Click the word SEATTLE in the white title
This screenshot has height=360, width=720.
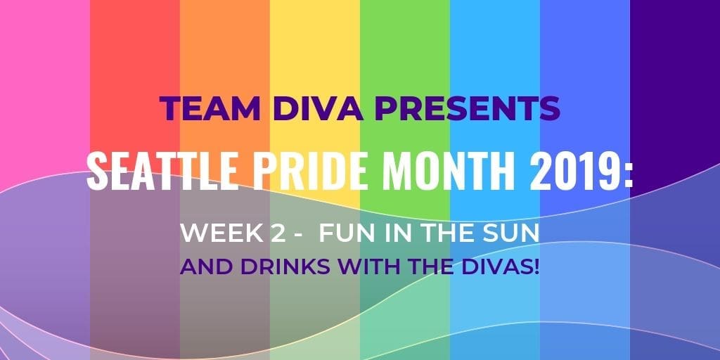pyautogui.click(x=162, y=172)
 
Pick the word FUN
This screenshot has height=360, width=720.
pyautogui.click(x=345, y=233)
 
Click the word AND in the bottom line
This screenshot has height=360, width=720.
pyautogui.click(x=206, y=267)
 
